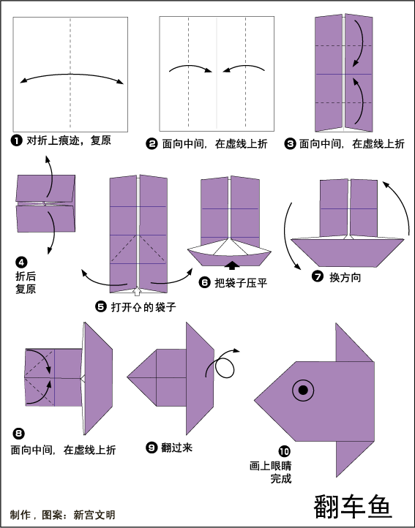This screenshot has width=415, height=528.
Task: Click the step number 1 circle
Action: [x=17, y=140]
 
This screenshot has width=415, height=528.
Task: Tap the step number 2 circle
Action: [x=152, y=144]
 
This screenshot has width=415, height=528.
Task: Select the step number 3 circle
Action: [x=290, y=144]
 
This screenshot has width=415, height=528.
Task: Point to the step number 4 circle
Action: [x=21, y=262]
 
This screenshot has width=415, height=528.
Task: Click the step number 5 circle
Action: [x=101, y=306]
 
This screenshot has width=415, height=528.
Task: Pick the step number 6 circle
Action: [x=205, y=282]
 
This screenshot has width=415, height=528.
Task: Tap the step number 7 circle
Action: [x=318, y=276]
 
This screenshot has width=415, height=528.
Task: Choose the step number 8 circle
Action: [x=18, y=433]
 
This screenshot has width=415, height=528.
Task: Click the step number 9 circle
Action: [x=152, y=447]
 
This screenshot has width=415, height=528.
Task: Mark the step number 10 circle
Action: [x=284, y=451]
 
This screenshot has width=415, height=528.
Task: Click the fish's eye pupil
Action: [x=303, y=391]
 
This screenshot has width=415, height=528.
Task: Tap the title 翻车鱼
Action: [x=353, y=506]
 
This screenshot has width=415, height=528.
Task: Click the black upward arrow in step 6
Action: [x=232, y=265]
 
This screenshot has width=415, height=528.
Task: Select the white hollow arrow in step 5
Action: [x=137, y=291]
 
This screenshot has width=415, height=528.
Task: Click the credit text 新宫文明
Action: [x=94, y=515]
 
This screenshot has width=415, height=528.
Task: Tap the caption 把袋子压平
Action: [x=241, y=282]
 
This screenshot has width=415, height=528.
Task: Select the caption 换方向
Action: [x=345, y=277]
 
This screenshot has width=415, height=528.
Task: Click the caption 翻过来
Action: [x=176, y=448]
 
